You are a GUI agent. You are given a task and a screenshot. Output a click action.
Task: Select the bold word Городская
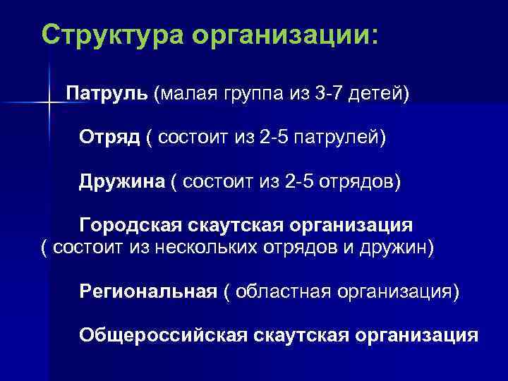pos(131,226)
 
